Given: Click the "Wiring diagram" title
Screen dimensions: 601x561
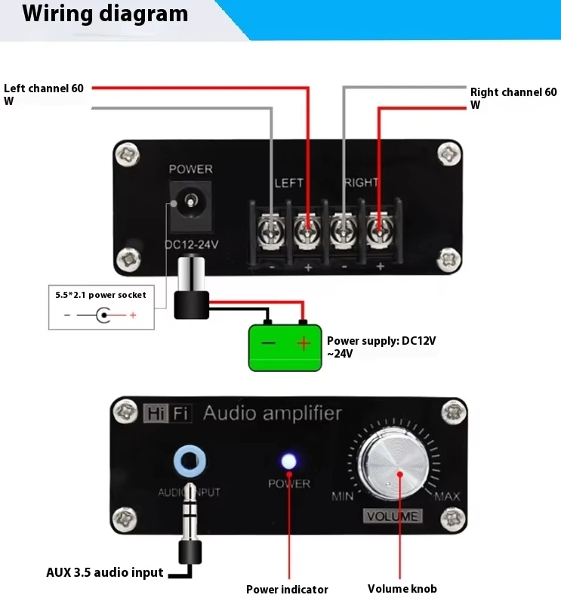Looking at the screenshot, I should (105, 14).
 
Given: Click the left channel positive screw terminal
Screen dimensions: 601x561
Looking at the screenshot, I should (307, 226).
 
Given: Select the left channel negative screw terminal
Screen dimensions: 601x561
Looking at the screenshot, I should (270, 226).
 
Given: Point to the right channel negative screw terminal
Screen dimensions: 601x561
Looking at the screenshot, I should (344, 226).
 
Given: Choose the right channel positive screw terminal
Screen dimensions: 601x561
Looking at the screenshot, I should (379, 226).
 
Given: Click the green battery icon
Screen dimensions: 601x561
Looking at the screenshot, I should (285, 346).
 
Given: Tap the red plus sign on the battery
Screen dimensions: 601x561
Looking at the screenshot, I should (304, 344).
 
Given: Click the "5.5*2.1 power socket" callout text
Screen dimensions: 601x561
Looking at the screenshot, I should (100, 294).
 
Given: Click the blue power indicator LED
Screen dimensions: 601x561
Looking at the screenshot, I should (288, 461).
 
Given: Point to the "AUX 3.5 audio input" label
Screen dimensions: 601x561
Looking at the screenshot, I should (105, 572).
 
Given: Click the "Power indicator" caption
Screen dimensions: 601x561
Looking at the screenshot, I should (287, 590).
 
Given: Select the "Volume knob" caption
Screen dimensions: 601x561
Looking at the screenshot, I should (402, 589).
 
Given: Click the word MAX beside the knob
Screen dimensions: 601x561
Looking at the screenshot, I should (447, 497).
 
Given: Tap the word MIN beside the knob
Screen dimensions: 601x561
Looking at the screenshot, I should (343, 497).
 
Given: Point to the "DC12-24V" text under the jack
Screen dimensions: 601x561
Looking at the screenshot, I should (191, 244).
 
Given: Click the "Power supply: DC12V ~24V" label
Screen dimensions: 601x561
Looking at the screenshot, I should (381, 347).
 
